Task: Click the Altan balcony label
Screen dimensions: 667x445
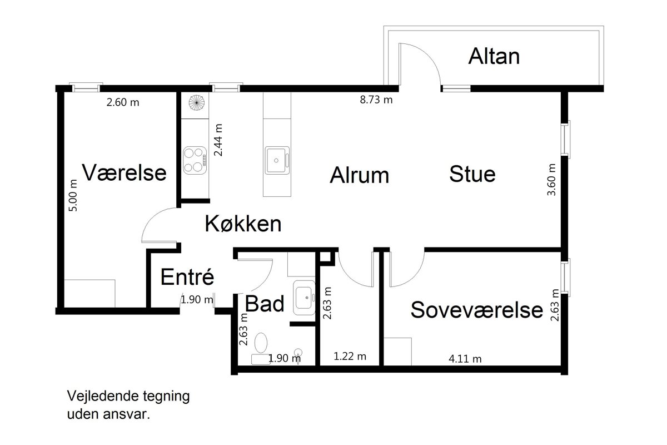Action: pyautogui.click(x=494, y=56)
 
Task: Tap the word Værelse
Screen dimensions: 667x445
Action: pyautogui.click(x=124, y=172)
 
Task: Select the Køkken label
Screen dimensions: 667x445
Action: pyautogui.click(x=243, y=224)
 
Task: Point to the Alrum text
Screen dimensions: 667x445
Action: pyautogui.click(x=360, y=175)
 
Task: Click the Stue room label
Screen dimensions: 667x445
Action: pyautogui.click(x=472, y=174)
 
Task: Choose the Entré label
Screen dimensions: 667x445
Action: pyautogui.click(x=187, y=277)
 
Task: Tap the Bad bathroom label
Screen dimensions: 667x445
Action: pyautogui.click(x=265, y=304)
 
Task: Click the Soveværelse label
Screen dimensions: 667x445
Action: pyautogui.click(x=477, y=310)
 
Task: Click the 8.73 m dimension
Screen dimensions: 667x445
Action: pyautogui.click(x=376, y=100)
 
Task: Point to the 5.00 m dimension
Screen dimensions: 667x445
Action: pyautogui.click(x=73, y=196)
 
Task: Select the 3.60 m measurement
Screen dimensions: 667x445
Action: pyautogui.click(x=551, y=180)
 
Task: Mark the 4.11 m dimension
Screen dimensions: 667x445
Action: pyautogui.click(x=465, y=359)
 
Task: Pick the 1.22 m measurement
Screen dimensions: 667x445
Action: pyautogui.click(x=350, y=356)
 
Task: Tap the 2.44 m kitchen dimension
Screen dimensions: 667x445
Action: pyautogui.click(x=218, y=140)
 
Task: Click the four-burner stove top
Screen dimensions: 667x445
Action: pyautogui.click(x=195, y=160)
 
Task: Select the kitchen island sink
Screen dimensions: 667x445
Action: pyautogui.click(x=277, y=160)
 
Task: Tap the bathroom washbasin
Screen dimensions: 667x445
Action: pyautogui.click(x=304, y=298)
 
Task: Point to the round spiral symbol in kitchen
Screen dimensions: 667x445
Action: pyautogui.click(x=197, y=102)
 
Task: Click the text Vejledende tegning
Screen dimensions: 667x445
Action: pyautogui.click(x=128, y=396)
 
